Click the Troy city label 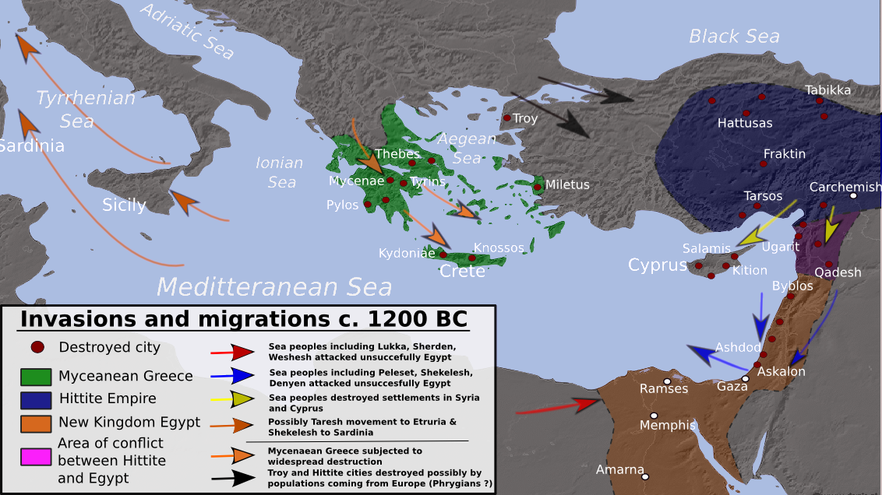(x=526, y=119)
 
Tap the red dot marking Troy (x=506, y=118)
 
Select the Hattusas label (x=745, y=123)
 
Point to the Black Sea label (x=734, y=36)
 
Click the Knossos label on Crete (x=499, y=247)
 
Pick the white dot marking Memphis (x=654, y=416)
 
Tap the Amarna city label (x=619, y=469)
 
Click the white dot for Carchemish (x=853, y=196)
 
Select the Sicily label (x=124, y=205)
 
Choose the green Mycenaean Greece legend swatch (x=36, y=377)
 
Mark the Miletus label (x=567, y=184)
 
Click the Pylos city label (x=343, y=205)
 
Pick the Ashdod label (x=738, y=347)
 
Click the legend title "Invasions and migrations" (x=243, y=320)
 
